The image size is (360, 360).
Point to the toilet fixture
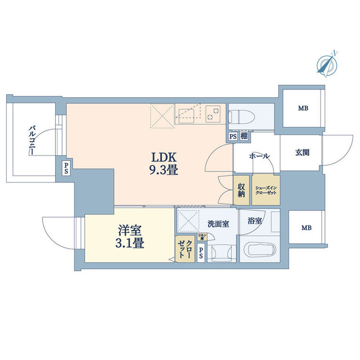239,116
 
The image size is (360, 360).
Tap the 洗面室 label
217,224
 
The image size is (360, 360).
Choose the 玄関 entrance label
301,152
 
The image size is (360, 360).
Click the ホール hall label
259,156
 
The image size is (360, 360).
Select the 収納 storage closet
241,190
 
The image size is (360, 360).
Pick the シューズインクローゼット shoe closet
265,190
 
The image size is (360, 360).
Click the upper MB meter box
303,109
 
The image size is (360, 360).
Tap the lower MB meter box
305,228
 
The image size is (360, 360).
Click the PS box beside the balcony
66,167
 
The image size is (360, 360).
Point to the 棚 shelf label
244,136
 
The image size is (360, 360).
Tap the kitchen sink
185,115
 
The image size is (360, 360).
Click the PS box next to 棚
233,136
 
